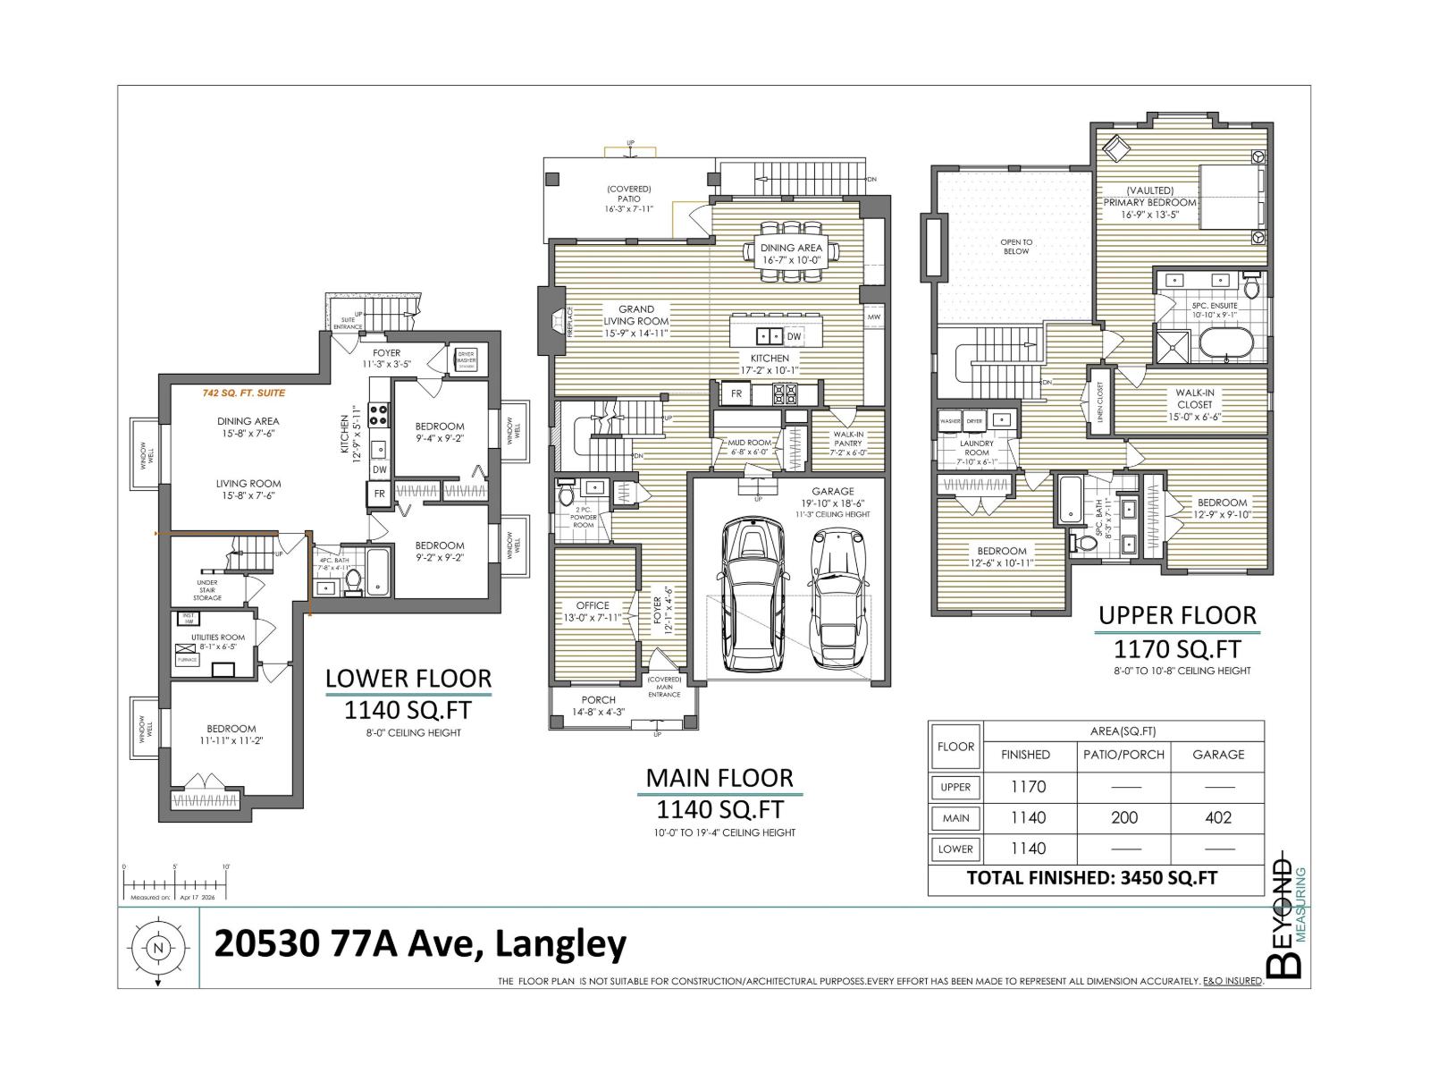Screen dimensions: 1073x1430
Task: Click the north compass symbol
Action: click(x=159, y=948)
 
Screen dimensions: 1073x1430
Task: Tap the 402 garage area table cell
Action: click(x=1217, y=817)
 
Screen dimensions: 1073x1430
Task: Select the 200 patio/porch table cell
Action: click(x=1123, y=817)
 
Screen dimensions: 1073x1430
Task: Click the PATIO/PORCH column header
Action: click(x=1123, y=755)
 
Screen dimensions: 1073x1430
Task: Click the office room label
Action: click(x=592, y=611)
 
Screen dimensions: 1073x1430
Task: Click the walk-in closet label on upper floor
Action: click(x=1194, y=404)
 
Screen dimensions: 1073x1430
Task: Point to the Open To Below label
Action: click(x=1016, y=247)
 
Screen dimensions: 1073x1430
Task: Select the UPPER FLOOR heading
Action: click(x=1177, y=615)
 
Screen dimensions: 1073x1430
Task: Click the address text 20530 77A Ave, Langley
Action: click(x=419, y=944)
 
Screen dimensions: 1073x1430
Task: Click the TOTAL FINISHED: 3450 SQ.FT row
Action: click(x=1091, y=878)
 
